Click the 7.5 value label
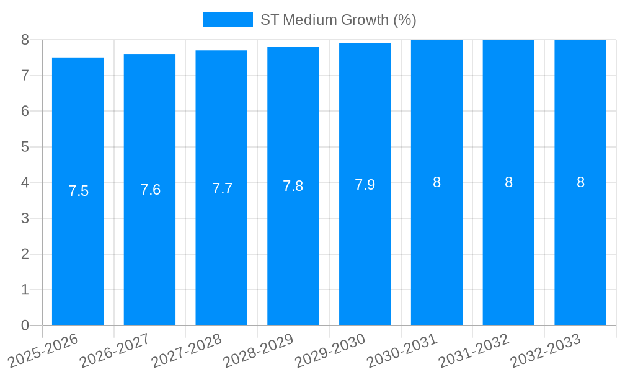click(x=79, y=191)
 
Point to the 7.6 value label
click(x=150, y=190)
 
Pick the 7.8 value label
click(x=293, y=186)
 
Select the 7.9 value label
click(x=365, y=185)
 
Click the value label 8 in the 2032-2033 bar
click(x=580, y=182)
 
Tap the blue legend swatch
click(x=228, y=20)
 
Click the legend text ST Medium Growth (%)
click(x=338, y=20)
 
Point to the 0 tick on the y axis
click(x=25, y=325)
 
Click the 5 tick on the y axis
click(x=25, y=147)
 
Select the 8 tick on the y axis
click(x=25, y=40)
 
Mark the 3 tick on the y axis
click(x=25, y=218)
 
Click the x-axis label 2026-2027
click(x=115, y=350)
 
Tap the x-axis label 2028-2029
click(x=259, y=350)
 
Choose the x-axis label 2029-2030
click(x=330, y=350)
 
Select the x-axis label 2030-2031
click(x=402, y=350)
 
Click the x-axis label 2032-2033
click(x=546, y=350)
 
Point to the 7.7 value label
click(x=222, y=188)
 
